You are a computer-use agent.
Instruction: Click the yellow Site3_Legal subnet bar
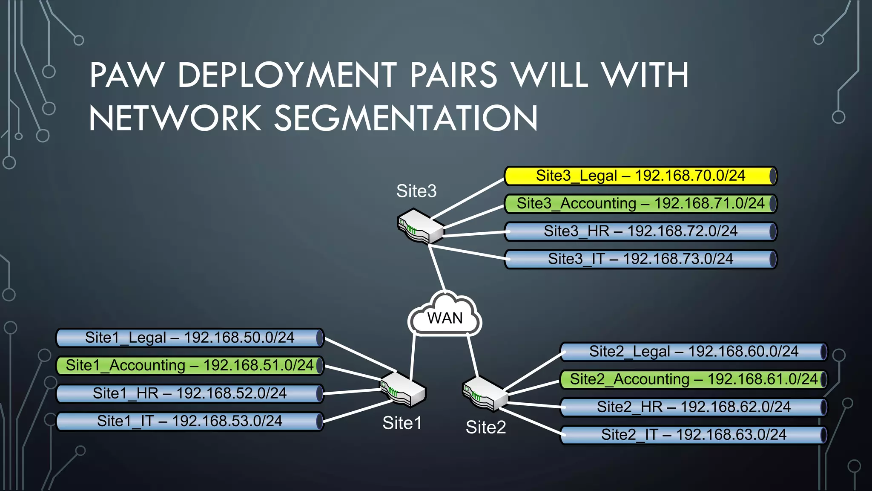point(640,176)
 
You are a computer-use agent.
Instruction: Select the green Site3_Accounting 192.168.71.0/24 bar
point(640,204)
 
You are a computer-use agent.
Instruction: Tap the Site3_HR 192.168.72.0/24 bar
point(640,231)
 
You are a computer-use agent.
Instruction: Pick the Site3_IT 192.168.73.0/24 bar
point(640,259)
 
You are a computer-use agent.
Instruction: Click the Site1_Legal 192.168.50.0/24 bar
point(190,338)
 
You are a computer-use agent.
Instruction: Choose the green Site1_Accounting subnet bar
point(190,366)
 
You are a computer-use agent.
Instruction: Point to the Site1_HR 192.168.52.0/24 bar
point(190,393)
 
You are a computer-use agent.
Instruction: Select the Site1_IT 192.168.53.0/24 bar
point(190,421)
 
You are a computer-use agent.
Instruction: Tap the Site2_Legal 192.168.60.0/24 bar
point(694,352)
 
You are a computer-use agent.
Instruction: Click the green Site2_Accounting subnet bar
point(694,379)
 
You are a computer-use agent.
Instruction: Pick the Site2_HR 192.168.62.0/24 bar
point(694,407)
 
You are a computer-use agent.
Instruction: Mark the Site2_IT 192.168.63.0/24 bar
point(694,435)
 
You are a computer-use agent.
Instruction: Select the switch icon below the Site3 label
point(420,226)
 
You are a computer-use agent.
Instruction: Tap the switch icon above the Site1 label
point(403,389)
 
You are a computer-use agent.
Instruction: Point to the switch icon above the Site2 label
point(485,393)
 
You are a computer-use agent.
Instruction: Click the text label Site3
point(416,191)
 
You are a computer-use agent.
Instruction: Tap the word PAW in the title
point(126,75)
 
